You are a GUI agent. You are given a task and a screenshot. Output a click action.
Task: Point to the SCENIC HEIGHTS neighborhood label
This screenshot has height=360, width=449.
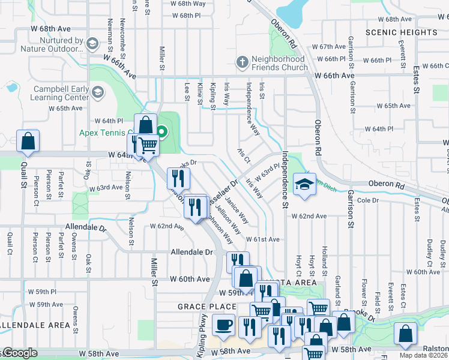tap(402, 32)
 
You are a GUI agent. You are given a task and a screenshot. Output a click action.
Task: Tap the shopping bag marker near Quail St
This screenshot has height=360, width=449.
tap(28, 141)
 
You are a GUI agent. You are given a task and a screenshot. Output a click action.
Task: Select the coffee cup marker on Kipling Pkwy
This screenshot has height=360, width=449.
tap(224, 325)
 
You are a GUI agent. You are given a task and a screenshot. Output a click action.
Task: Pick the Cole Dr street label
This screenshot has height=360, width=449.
tap(367, 200)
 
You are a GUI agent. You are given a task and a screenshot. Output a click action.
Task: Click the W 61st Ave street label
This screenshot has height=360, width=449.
tap(262, 239)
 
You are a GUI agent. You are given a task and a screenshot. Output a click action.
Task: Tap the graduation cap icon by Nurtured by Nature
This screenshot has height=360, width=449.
tap(92, 44)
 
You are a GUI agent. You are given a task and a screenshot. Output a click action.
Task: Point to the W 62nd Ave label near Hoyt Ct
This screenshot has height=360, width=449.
tap(309, 216)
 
